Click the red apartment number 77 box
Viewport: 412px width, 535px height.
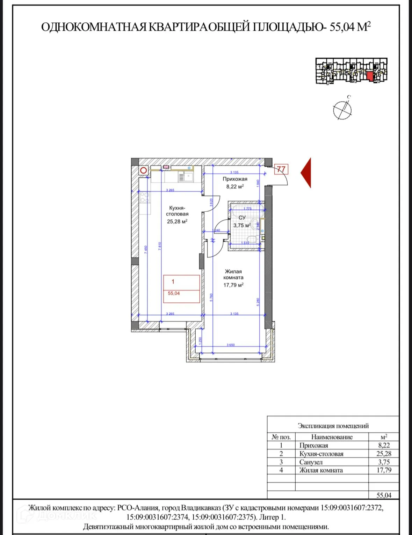point(281,169)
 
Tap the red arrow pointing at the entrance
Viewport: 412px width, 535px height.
point(306,173)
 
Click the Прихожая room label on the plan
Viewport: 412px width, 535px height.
point(235,179)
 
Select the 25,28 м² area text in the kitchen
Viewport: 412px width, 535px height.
point(177,221)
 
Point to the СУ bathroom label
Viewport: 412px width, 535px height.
point(242,217)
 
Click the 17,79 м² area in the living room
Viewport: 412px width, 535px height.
point(233,285)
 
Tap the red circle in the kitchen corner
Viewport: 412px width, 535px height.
point(144,170)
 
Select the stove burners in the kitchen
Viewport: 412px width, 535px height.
point(145,197)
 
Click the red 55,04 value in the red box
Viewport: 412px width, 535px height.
point(174,293)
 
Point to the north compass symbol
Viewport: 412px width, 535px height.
point(342,110)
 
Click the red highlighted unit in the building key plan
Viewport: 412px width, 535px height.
point(370,76)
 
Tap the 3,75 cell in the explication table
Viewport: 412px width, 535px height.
point(384,462)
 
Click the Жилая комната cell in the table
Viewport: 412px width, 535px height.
point(321,470)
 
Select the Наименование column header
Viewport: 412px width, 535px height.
point(332,437)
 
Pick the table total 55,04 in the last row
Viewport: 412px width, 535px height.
point(384,495)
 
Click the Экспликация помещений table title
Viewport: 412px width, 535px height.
point(333,426)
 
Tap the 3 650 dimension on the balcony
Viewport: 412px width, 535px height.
point(231,345)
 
